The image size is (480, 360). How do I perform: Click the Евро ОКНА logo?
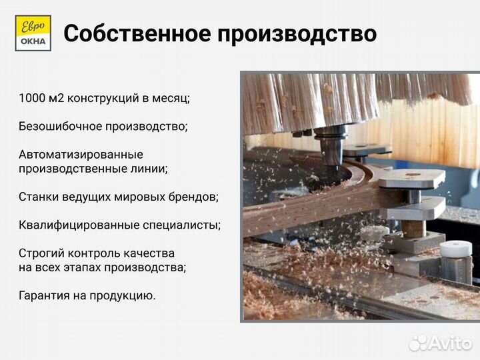click(x=33, y=33)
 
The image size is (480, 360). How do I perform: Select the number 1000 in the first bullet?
click(x=32, y=98)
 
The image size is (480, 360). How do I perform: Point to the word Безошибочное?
click(x=63, y=126)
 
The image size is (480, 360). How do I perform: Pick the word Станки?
click(x=39, y=197)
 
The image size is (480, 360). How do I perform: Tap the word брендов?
click(x=192, y=197)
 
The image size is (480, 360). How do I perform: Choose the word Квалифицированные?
click(x=79, y=225)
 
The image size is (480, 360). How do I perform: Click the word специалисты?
click(x=181, y=225)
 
